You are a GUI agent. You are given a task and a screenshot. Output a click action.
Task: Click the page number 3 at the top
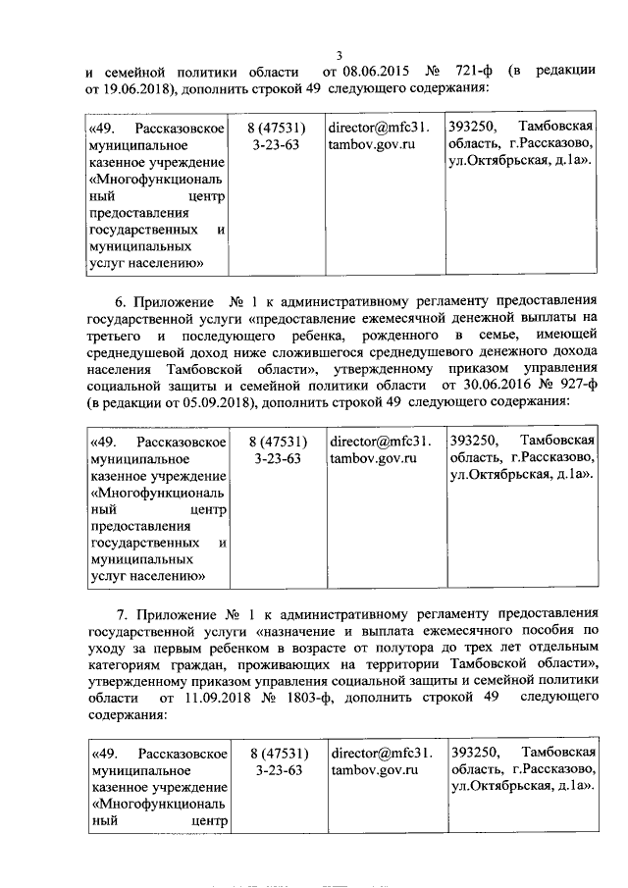(338, 55)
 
